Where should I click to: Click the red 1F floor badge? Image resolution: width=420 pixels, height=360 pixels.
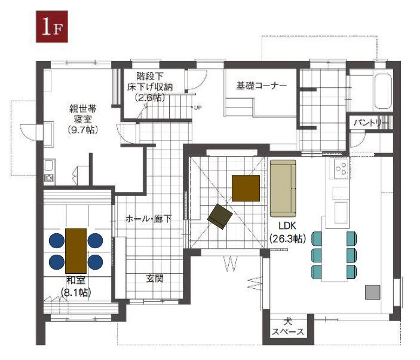[52, 26]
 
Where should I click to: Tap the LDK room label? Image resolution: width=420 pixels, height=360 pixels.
[287, 226]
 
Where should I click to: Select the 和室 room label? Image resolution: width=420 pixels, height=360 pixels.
[76, 280]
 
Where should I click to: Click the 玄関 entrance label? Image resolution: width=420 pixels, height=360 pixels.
[155, 279]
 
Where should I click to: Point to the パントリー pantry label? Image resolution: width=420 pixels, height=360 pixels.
[371, 123]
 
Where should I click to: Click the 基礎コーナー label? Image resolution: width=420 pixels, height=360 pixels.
[261, 86]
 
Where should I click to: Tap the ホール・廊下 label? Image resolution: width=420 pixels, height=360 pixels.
[148, 219]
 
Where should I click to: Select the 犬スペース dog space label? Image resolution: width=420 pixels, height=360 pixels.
[288, 327]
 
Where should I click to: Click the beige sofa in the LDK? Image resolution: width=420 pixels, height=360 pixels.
[283, 188]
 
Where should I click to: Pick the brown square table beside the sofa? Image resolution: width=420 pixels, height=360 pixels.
[246, 188]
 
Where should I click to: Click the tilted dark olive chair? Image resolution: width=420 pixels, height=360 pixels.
[220, 216]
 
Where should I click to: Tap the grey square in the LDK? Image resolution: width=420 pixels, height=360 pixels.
[373, 292]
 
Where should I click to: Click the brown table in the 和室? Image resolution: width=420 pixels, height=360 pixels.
[76, 251]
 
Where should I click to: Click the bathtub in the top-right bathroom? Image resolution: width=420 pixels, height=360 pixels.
[383, 91]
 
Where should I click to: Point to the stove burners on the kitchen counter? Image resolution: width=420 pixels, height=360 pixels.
[341, 169]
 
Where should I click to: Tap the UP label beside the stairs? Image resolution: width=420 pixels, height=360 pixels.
[198, 108]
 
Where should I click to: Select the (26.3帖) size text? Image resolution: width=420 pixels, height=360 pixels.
[287, 238]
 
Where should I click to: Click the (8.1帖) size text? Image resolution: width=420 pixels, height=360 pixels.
[76, 292]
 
